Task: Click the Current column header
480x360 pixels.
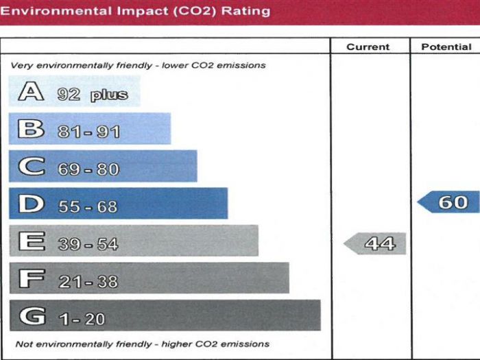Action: (368, 47)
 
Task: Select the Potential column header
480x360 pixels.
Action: (446, 47)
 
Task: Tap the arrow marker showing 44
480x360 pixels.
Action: (376, 243)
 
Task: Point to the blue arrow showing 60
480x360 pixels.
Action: (449, 202)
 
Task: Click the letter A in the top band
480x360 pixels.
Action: (31, 92)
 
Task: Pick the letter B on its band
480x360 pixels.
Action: (31, 130)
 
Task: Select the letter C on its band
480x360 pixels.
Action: (31, 167)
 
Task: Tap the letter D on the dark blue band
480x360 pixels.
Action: (31, 204)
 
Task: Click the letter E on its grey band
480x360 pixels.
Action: (31, 242)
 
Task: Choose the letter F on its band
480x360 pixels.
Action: (31, 279)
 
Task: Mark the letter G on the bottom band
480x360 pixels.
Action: (32, 317)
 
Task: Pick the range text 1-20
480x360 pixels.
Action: (82, 320)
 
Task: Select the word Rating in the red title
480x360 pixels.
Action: (245, 11)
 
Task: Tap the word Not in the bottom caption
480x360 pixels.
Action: (23, 344)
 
